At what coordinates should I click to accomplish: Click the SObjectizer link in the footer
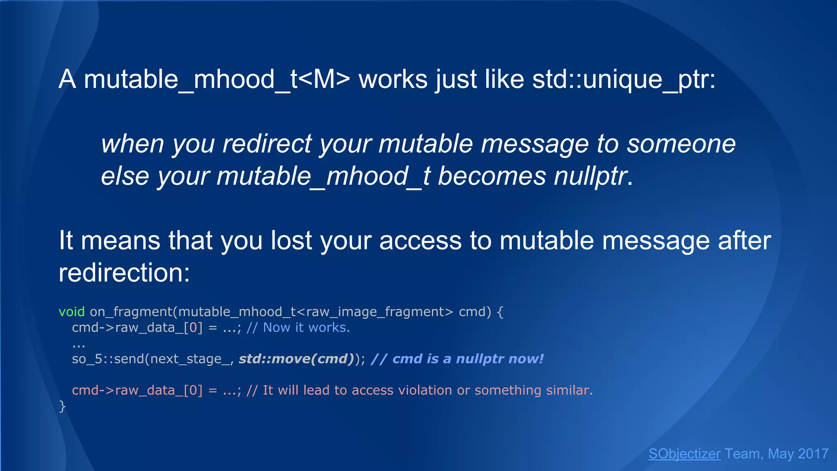coord(684,454)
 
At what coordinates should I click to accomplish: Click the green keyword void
coord(72,312)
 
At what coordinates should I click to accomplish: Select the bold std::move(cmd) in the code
coord(296,359)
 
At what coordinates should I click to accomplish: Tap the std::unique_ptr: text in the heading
coord(624,79)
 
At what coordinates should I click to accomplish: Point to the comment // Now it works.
coord(298,327)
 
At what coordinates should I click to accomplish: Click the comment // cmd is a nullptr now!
coord(457,359)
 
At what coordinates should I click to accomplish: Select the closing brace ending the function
coord(62,406)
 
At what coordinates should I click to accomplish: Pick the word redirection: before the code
coord(124,273)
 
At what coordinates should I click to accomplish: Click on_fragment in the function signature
coord(131,312)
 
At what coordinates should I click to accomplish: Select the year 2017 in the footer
coord(813,454)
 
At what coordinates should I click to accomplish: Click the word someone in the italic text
coord(681,144)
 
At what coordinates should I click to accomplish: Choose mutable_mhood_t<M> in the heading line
coord(217,79)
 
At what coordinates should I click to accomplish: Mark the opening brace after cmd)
coord(500,312)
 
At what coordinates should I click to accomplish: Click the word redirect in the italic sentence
coord(267,144)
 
